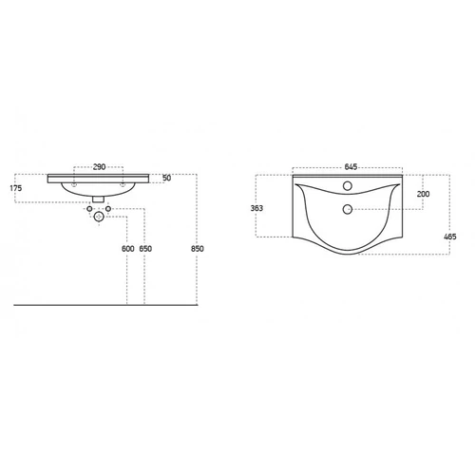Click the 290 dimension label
pos(99,167)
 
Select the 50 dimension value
pos(166,178)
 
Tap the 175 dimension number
pos(16,188)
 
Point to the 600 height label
pos(128,249)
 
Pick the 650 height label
pos(145,249)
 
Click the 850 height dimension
pos(198,249)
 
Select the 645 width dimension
pos(351,167)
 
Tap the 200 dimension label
pos(423,194)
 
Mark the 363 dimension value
pos(256,208)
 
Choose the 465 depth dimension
pos(450,237)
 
